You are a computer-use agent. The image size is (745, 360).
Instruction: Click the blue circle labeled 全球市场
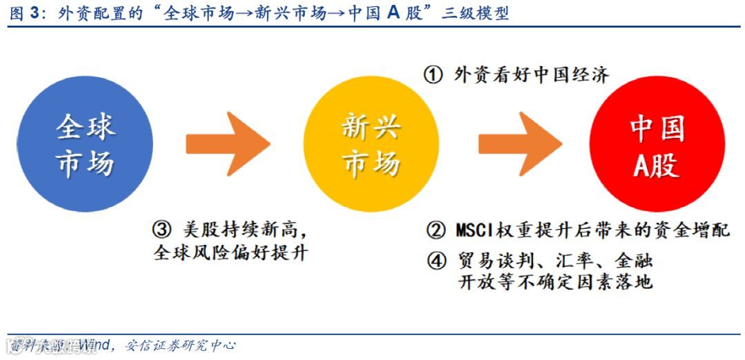pos(85,144)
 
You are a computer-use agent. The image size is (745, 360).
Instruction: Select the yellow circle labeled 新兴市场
pos(370,144)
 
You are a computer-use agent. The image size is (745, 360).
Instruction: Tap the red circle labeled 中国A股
pos(657,144)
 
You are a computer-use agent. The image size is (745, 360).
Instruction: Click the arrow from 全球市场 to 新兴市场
pos(227,144)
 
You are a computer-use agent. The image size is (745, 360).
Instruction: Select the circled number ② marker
pos(435,230)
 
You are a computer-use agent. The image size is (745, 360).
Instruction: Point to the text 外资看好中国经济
pos(531,74)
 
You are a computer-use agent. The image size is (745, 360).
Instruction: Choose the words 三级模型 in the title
pos(475,14)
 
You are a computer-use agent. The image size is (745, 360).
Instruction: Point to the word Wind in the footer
pos(92,345)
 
